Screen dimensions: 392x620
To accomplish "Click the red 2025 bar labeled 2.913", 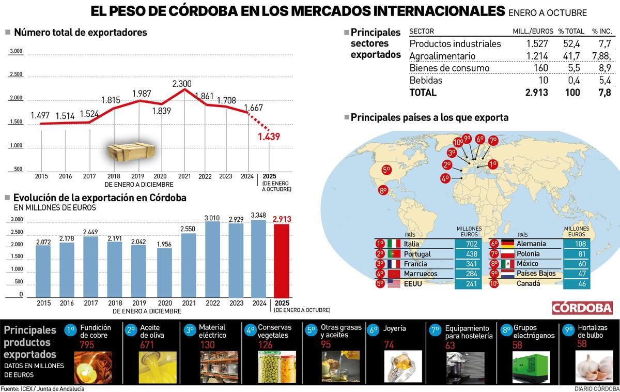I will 282,261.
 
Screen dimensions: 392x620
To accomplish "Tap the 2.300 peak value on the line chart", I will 182,84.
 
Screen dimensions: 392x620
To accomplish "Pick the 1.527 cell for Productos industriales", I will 537,44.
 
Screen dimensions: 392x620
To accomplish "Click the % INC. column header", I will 601,32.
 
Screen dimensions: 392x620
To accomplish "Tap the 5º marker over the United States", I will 386,169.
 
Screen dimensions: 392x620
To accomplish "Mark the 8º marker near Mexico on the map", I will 383,190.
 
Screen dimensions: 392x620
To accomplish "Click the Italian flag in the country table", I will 394,244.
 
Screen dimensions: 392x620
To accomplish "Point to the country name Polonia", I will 528,253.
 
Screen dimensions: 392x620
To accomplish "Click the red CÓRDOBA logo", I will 582,307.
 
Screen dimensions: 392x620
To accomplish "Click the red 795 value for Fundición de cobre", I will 87,345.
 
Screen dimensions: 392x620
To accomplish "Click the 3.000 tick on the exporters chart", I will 16,51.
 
